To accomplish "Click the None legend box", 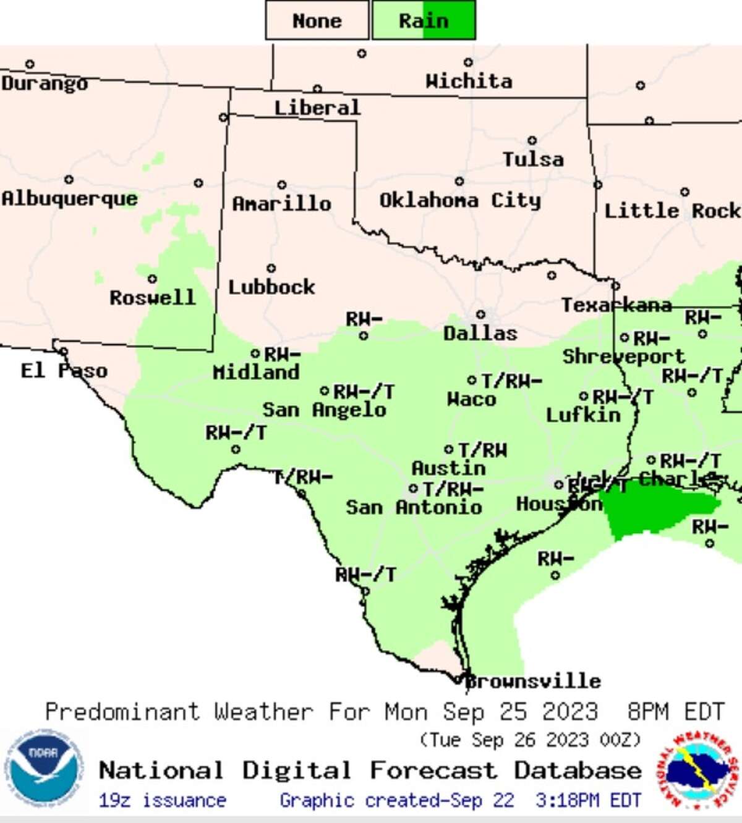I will pyautogui.click(x=317, y=20).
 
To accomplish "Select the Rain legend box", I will pyautogui.click(x=424, y=20).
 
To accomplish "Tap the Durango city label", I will pyautogui.click(x=44, y=83).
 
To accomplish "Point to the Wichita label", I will pyautogui.click(x=469, y=81).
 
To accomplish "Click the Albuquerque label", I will pyautogui.click(x=69, y=198).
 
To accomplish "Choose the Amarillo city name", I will pyautogui.click(x=281, y=203).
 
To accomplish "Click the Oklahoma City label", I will pyautogui.click(x=460, y=200).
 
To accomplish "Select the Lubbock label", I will pyautogui.click(x=271, y=287).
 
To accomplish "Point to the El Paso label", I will pyautogui.click(x=64, y=371).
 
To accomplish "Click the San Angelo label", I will pyautogui.click(x=324, y=410).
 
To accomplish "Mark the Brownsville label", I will pyautogui.click(x=533, y=681).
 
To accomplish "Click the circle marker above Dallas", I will pyautogui.click(x=480, y=314).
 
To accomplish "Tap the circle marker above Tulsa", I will pyautogui.click(x=532, y=141).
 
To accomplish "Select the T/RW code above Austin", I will pyautogui.click(x=482, y=450).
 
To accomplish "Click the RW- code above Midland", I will pyautogui.click(x=283, y=354).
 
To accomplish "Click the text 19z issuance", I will pyautogui.click(x=162, y=801).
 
